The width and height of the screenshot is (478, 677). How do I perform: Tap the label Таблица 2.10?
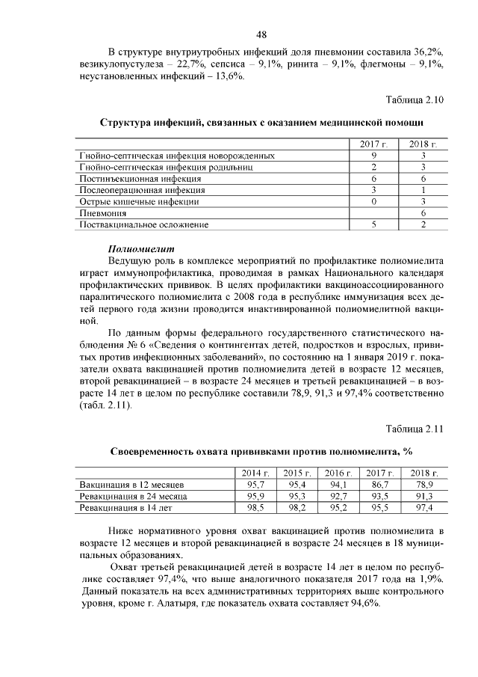(x=415, y=99)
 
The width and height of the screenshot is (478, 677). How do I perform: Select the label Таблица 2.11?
(x=415, y=429)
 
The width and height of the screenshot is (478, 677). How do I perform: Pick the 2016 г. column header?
(x=337, y=473)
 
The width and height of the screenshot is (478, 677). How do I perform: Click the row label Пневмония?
(x=104, y=213)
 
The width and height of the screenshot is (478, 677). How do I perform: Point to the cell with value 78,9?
(x=423, y=485)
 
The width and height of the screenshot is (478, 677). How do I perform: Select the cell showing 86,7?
(x=379, y=485)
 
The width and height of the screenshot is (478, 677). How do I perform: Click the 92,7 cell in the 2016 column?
(x=338, y=496)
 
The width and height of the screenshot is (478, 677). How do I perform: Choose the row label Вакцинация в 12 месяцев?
(x=131, y=485)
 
